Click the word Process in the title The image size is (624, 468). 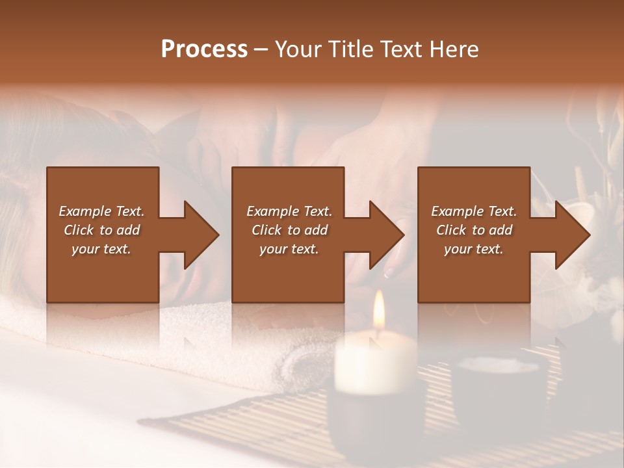(204, 49)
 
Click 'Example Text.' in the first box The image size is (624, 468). (101, 211)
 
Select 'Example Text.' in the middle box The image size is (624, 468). (289, 211)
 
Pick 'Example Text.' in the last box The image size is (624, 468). (474, 211)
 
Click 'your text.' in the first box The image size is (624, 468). (101, 249)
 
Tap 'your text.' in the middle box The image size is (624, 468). (289, 249)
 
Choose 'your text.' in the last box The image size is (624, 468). (474, 249)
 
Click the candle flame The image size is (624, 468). (378, 311)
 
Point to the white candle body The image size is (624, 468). (375, 361)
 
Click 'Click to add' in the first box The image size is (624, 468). (101, 230)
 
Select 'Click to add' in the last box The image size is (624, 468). (474, 230)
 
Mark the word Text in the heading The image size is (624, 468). (399, 49)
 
